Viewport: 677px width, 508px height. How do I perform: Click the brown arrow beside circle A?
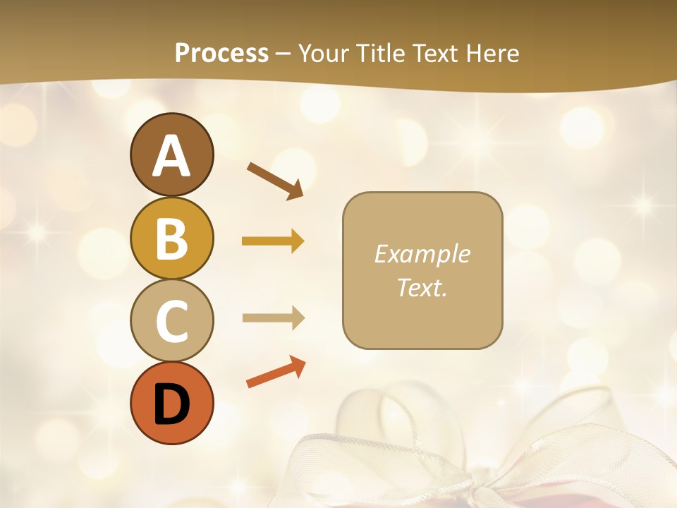(276, 181)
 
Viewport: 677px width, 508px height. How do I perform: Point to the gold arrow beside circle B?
(273, 241)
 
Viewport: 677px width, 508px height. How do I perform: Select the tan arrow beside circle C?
(273, 317)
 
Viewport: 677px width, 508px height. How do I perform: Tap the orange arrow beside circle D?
(276, 373)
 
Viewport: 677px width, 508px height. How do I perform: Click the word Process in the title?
(221, 53)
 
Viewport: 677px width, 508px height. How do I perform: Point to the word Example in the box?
(422, 254)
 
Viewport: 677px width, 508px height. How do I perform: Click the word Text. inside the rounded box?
(422, 287)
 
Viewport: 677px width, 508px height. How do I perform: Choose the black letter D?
(171, 404)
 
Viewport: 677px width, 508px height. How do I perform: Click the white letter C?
(171, 322)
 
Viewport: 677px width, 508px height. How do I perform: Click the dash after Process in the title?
(283, 54)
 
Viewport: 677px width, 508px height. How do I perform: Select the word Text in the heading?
(432, 53)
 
